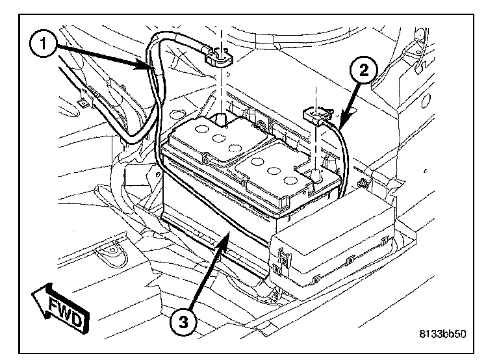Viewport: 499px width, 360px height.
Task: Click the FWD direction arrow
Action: coord(59,309)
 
